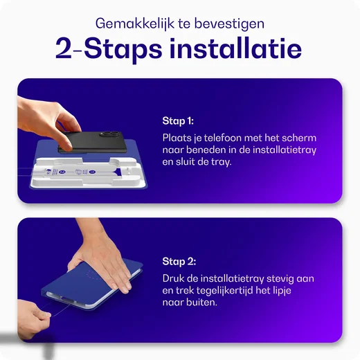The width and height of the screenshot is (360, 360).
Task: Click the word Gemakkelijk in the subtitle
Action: (135, 24)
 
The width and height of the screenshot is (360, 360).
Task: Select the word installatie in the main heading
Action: (235, 48)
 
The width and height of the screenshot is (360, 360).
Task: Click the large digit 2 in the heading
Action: (64, 49)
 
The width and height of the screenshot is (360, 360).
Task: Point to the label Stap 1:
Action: (178, 121)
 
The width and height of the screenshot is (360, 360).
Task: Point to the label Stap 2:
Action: (179, 262)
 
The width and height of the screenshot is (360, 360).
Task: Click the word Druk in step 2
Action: (173, 278)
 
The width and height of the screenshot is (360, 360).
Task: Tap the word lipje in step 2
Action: (282, 291)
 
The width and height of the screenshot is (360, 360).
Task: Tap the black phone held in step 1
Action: (92, 142)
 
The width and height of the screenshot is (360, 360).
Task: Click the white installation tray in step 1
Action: (89, 172)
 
